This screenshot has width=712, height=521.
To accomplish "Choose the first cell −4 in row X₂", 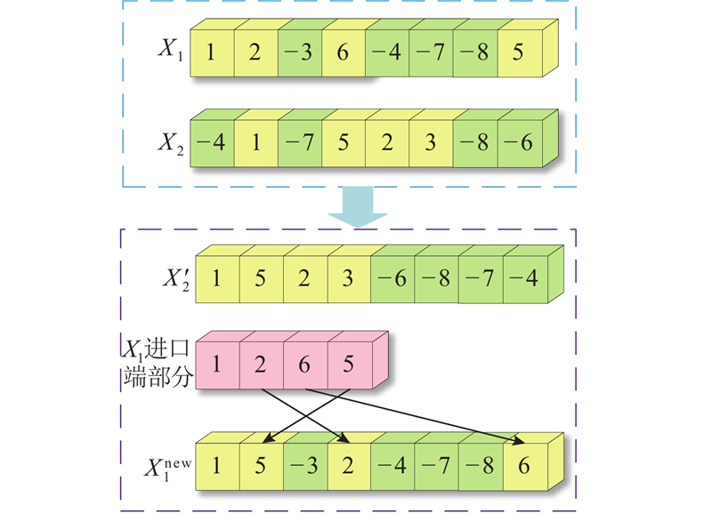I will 211,141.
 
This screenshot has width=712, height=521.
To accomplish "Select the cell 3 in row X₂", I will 431,141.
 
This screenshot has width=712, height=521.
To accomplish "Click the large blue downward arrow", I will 357,210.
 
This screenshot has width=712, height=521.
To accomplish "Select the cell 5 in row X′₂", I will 261,277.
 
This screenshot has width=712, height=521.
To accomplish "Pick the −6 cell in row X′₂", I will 392,277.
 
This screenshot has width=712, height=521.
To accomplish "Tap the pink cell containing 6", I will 303,365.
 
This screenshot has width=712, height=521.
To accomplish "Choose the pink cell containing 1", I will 216,365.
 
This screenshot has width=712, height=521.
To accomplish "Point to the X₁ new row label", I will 169,464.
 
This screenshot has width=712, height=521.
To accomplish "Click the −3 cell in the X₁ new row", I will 304,464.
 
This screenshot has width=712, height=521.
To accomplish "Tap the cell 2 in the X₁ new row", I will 348,464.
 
